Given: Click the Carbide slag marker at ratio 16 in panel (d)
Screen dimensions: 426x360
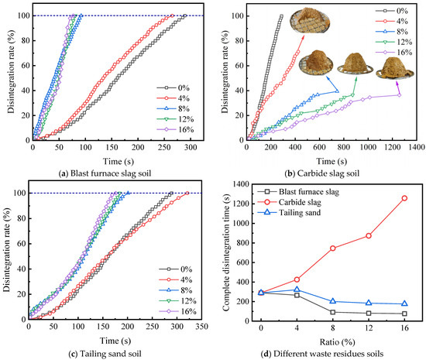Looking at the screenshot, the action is (404, 198).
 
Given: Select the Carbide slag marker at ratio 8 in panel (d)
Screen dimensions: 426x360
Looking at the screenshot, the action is (332, 249).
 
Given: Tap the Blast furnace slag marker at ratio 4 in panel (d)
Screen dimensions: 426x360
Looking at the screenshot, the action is (297, 295).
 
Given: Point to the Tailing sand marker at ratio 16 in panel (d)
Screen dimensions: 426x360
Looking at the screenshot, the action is (404, 303).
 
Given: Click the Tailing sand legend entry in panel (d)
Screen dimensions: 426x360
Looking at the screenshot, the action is (289, 212).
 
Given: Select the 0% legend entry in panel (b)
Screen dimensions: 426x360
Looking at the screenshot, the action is (392, 11).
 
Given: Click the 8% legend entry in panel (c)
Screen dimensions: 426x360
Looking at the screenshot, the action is (176, 290).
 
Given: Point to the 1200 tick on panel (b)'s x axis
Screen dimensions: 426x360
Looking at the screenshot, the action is (392, 147).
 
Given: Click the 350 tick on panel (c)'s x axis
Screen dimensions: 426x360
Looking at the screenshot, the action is (201, 326).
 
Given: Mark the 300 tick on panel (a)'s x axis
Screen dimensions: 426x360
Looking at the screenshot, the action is (191, 147).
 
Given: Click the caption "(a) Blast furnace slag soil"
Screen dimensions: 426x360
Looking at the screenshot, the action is (105, 173).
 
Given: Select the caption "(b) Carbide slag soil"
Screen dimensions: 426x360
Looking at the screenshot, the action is (322, 173).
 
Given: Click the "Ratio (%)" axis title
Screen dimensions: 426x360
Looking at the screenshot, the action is (337, 342).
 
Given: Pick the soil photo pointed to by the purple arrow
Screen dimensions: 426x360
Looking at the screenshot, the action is (395, 69).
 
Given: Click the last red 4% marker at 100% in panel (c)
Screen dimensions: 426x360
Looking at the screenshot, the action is (187, 193).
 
